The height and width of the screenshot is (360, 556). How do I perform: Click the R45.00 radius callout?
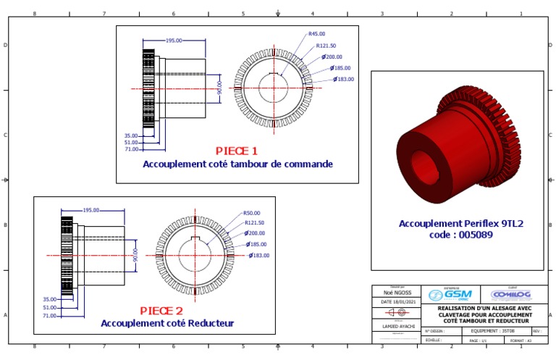point(316,33)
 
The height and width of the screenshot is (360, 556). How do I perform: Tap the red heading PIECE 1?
point(237,151)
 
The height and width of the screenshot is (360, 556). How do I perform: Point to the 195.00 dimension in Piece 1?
point(174,41)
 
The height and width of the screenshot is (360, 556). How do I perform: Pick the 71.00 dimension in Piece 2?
point(50,316)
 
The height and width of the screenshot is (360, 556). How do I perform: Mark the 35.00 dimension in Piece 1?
point(131,135)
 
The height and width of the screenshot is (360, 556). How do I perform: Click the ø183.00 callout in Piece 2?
point(259,255)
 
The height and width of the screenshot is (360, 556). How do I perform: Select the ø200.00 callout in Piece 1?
point(332,56)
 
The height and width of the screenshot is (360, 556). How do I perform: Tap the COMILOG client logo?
point(511,295)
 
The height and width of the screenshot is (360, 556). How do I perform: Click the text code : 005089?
point(461,235)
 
